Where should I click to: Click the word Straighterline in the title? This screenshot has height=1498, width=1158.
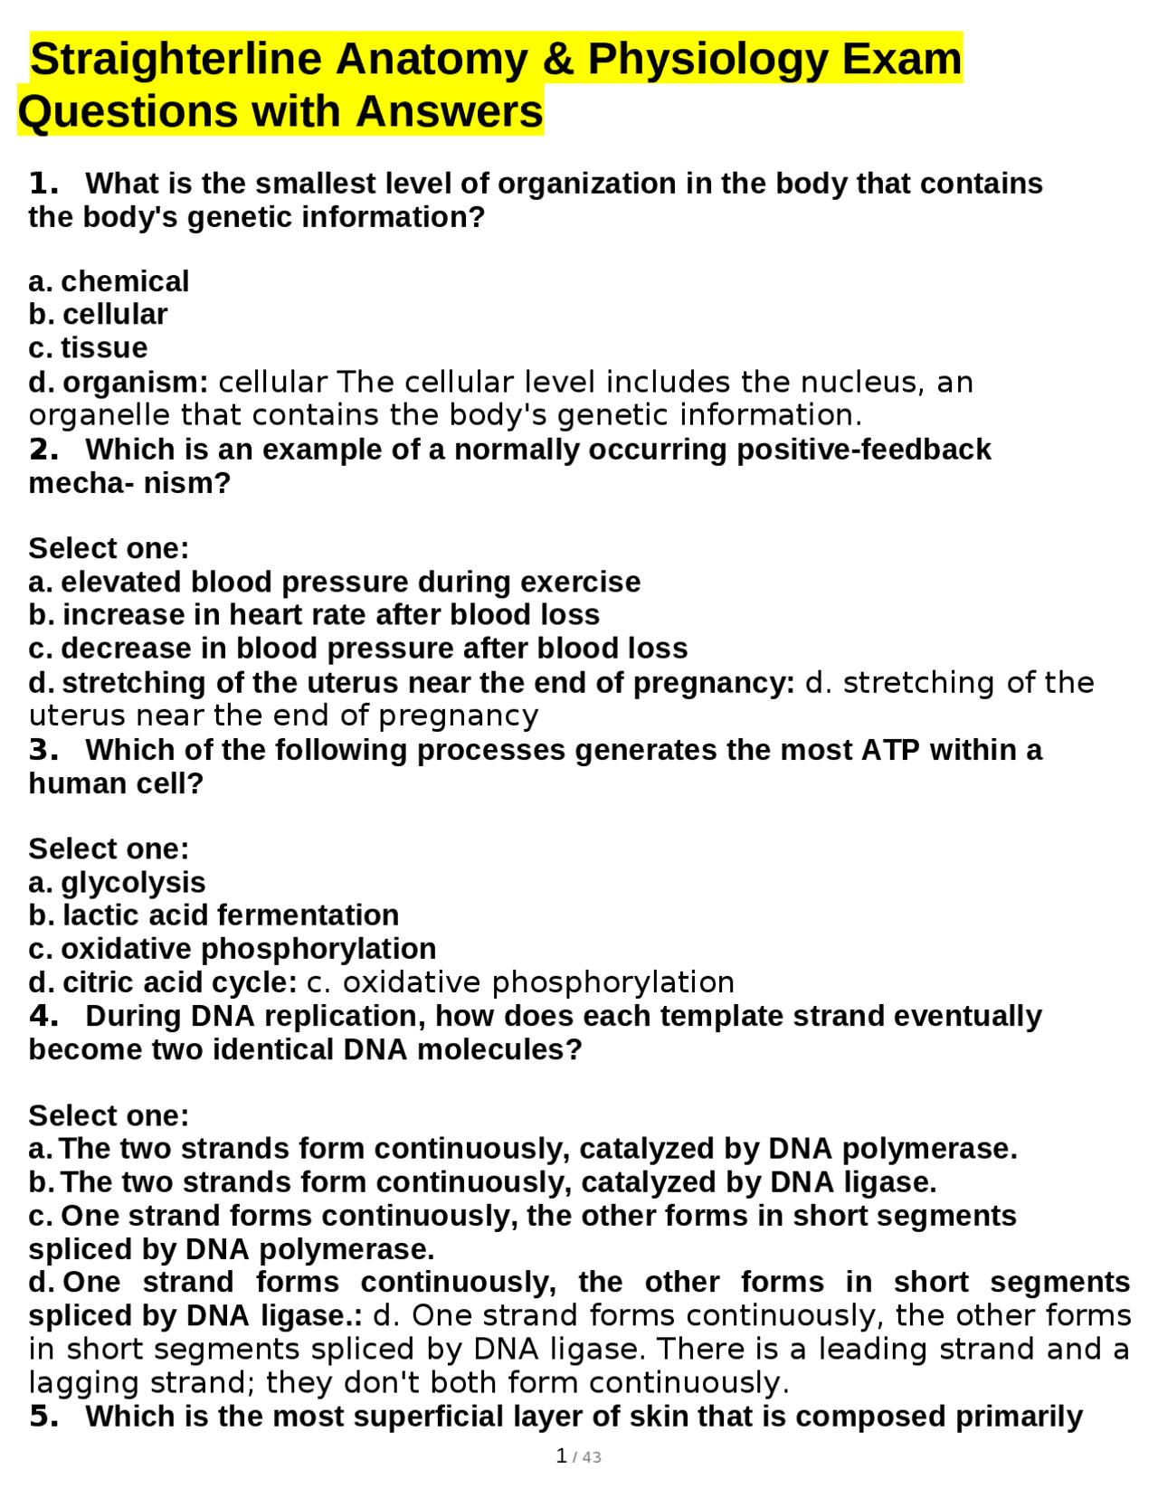pos(176,60)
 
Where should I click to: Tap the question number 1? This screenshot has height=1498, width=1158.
pos(43,184)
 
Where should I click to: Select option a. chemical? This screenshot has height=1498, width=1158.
pos(109,281)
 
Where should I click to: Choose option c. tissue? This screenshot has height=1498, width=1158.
pos(88,347)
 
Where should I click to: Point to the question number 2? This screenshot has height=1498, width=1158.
pos(43,450)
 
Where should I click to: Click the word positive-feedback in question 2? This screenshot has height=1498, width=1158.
pos(863,450)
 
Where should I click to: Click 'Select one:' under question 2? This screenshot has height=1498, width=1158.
pos(109,548)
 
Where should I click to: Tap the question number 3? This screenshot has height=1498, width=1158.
pos(43,750)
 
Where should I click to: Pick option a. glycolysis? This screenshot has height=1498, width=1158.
pos(117,882)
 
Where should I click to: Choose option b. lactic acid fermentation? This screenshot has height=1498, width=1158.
pos(214,915)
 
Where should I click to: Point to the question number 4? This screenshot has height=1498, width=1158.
pos(43,1016)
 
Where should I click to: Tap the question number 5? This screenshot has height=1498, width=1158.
pos(43,1417)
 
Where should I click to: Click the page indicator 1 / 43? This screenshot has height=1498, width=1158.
pos(578,1456)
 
